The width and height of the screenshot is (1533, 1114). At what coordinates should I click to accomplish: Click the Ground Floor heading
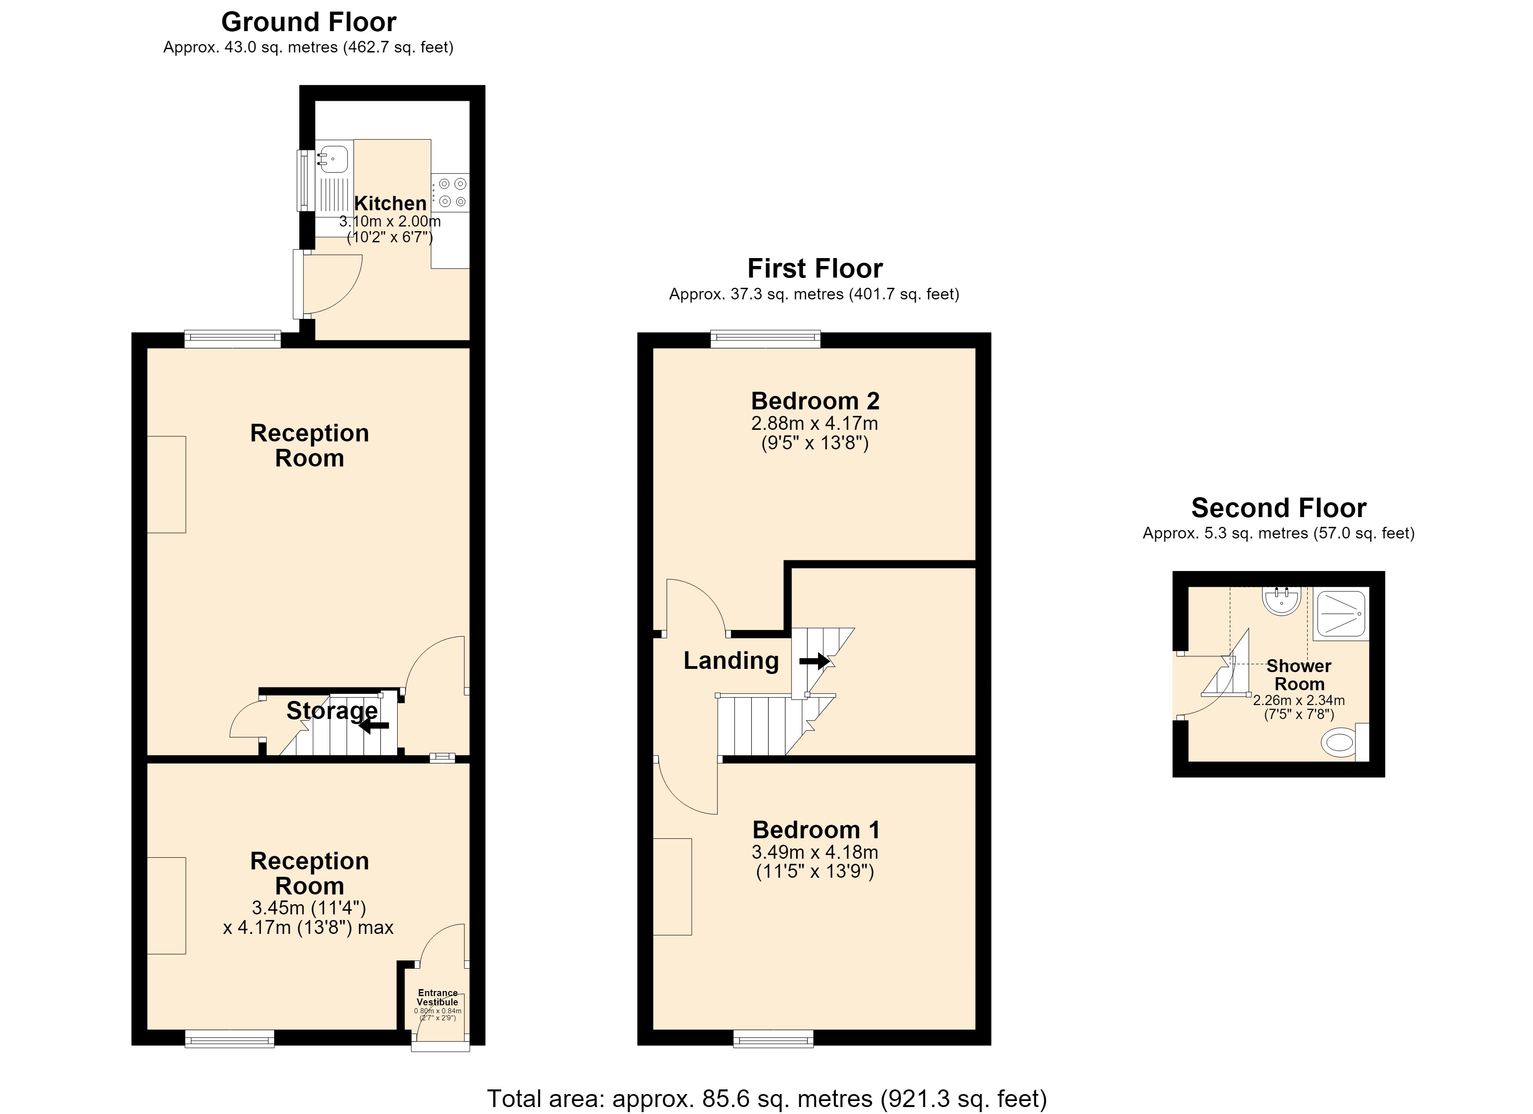coord(309,22)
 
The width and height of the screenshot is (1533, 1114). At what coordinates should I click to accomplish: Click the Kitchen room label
coord(390,203)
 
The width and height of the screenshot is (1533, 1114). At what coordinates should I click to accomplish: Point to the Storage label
coord(332,711)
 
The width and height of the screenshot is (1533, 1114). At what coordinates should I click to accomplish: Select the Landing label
coord(731,660)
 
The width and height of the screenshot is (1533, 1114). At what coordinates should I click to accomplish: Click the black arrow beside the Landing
coord(814,661)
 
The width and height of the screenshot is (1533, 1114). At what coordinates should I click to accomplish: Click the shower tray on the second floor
coord(1341,614)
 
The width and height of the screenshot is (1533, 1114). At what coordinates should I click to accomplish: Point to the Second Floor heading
coord(1279,507)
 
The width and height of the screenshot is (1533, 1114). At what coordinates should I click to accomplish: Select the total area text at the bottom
coord(766,1099)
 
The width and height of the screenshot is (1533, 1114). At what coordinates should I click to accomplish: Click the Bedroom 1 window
coord(774,1038)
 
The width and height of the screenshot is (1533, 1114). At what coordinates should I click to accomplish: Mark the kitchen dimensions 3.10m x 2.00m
coord(390,221)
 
